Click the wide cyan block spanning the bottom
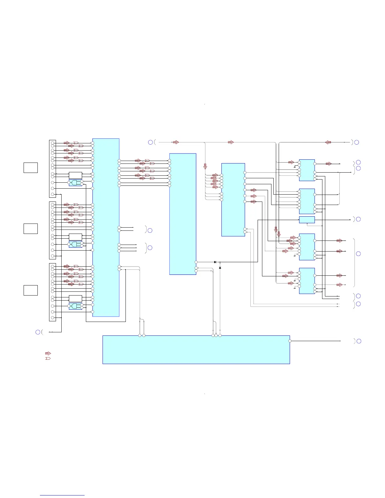pos(196,350)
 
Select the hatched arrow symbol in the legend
pos(48,353)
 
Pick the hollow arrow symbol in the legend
pos(48,358)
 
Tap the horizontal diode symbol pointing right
pos(215,262)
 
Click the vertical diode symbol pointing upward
pos(220,268)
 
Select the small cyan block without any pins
pos(307,219)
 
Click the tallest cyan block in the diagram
pos(106,227)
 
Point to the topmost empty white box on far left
pos(31,168)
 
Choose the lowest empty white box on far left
pos(31,290)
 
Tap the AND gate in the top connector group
pos(75,183)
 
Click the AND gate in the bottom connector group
pos(75,306)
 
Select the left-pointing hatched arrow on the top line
pos(328,142)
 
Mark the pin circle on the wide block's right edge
pos(290,341)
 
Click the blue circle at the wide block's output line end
pos(359,341)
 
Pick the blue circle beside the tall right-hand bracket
pos(358,254)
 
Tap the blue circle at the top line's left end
pos(150,142)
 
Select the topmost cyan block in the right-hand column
pos(307,170)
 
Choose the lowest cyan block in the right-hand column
pos(307,281)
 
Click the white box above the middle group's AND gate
pos(75,237)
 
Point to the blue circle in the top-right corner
pos(357,142)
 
